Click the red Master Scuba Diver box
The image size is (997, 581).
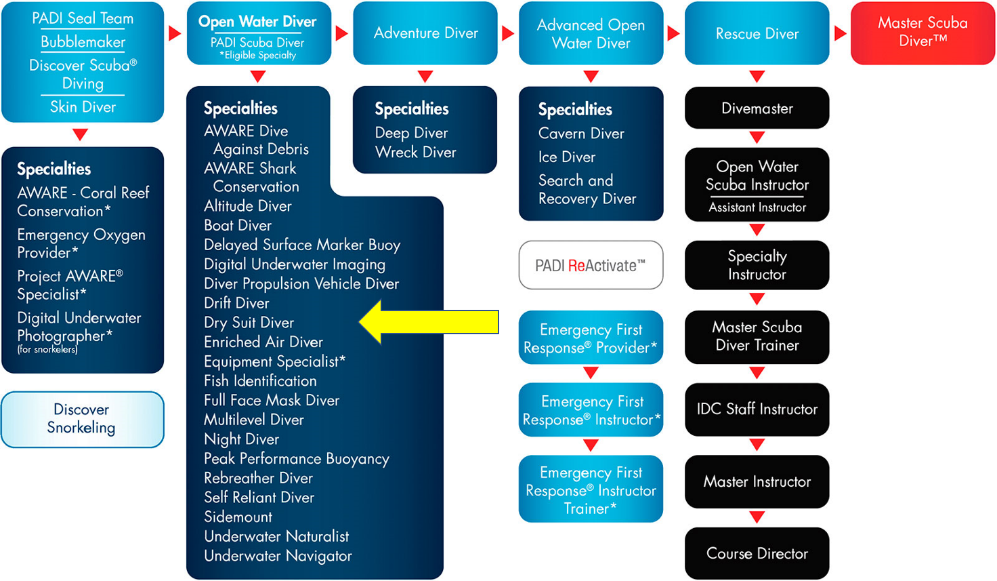tap(922, 33)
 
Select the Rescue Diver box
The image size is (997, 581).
tap(757, 33)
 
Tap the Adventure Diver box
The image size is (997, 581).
tap(425, 33)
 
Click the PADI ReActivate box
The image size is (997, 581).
tap(591, 265)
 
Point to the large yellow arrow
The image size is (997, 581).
tap(429, 322)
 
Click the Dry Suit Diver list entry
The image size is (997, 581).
tap(249, 323)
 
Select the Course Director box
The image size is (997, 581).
tap(757, 553)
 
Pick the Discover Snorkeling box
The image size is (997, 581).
tap(83, 419)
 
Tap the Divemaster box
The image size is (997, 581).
tap(757, 108)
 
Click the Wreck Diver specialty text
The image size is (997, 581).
tap(415, 153)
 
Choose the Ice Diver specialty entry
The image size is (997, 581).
tap(567, 157)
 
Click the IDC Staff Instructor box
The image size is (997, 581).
tap(757, 409)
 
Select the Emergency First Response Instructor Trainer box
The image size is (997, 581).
tap(591, 489)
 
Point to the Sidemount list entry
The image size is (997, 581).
tap(238, 517)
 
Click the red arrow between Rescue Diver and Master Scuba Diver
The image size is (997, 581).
tap(840, 33)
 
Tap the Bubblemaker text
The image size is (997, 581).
tap(83, 42)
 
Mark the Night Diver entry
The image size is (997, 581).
tap(241, 439)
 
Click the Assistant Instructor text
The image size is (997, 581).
tap(757, 207)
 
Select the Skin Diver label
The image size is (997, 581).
tap(83, 107)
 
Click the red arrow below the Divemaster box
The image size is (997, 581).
tap(757, 137)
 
